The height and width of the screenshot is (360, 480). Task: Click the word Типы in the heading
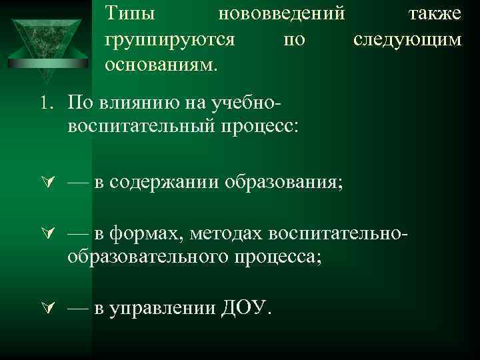[x=129, y=13]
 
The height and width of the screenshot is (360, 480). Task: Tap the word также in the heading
[x=434, y=13]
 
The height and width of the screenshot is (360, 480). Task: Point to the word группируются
[x=169, y=39]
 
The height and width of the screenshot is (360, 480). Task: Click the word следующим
[x=407, y=39]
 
